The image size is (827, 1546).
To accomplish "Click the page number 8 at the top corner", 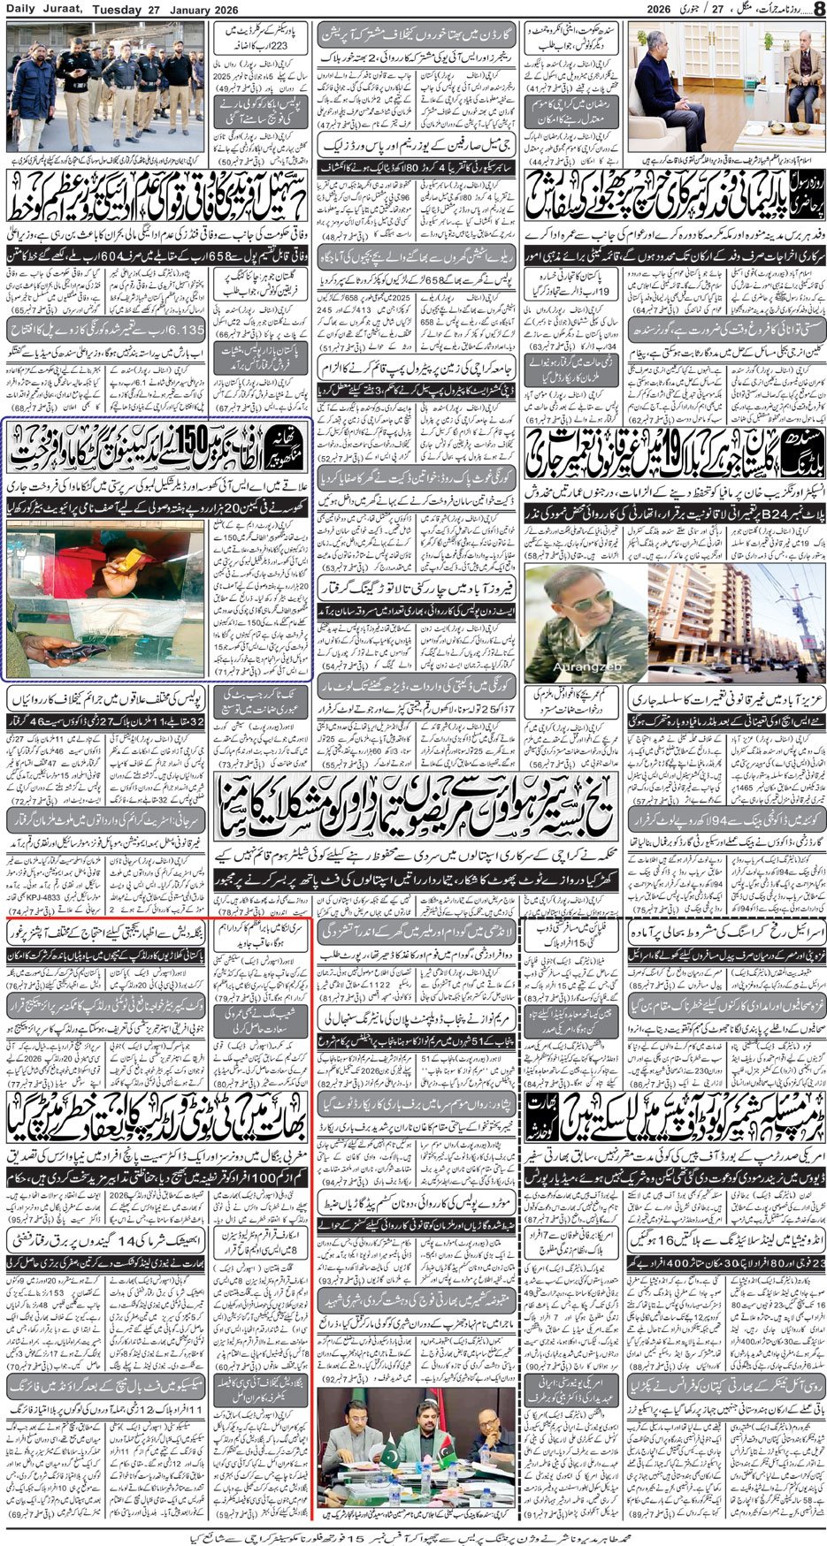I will [x=817, y=9].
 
